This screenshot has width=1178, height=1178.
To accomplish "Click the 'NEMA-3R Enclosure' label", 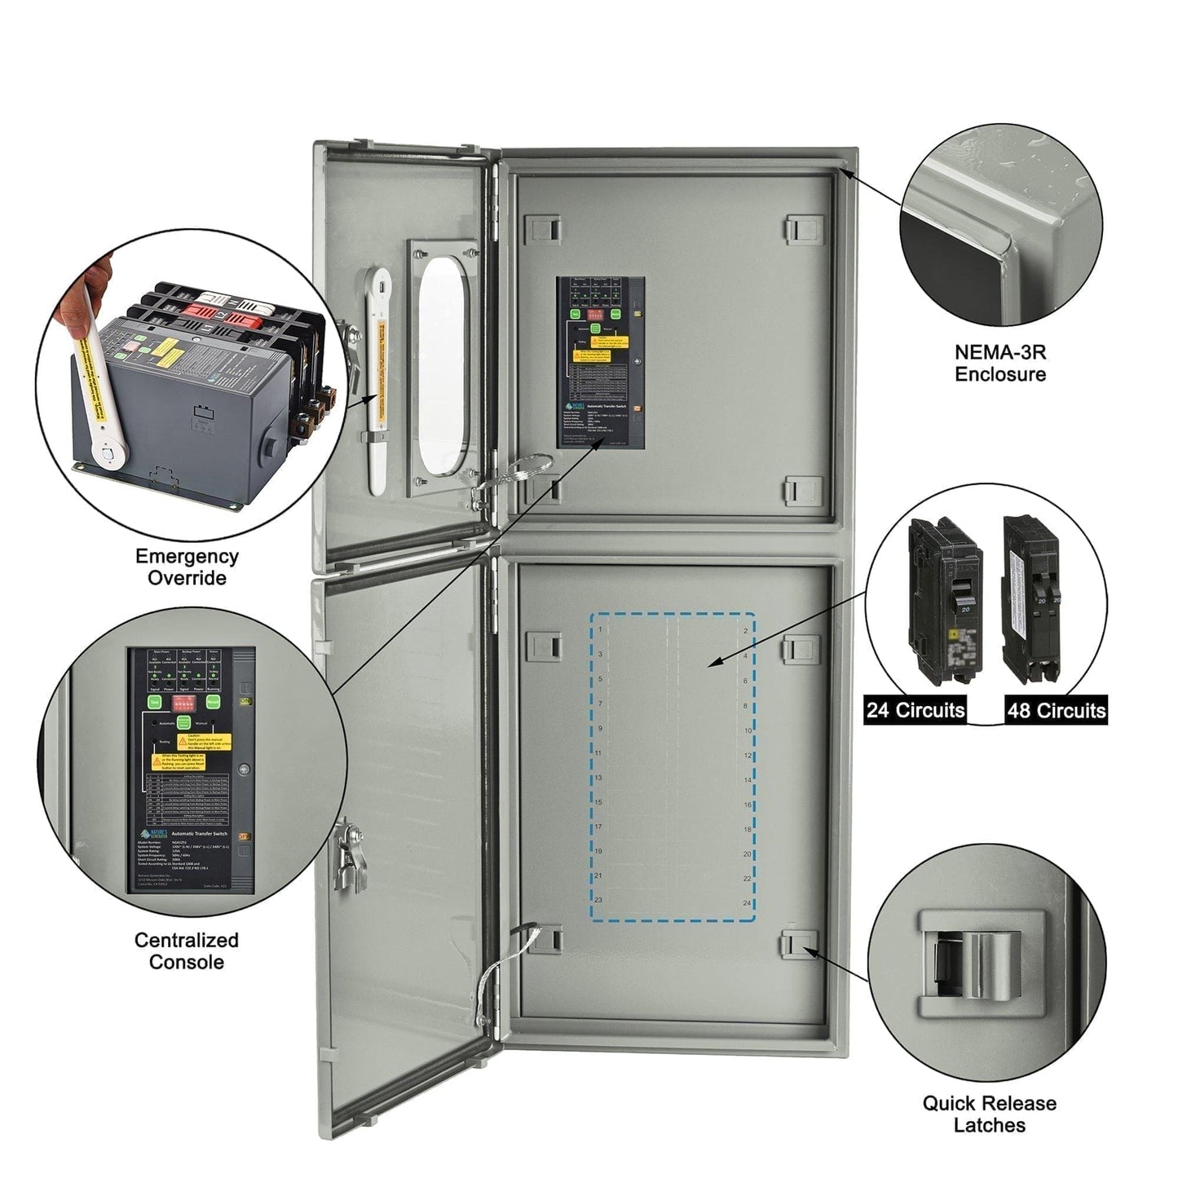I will [x=999, y=364].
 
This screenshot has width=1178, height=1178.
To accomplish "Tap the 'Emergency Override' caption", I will [x=187, y=567].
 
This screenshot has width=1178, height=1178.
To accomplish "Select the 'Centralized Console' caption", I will [x=186, y=951].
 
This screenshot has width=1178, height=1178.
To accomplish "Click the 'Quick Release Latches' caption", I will [x=989, y=1114].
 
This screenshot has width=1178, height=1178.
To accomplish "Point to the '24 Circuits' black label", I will [x=915, y=710].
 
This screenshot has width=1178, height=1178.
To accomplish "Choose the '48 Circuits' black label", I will [x=1056, y=711].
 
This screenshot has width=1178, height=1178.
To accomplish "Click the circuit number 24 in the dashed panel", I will [x=746, y=903].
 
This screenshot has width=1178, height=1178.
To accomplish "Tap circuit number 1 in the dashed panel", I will [x=601, y=629].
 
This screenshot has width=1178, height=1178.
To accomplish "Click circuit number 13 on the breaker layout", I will [x=598, y=778].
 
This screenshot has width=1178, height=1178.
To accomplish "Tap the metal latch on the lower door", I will [x=346, y=853].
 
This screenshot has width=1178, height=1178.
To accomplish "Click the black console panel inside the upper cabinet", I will [x=601, y=363].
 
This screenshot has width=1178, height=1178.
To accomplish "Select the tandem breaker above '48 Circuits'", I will [x=1031, y=599].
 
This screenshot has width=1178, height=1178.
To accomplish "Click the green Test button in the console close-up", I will [x=154, y=702].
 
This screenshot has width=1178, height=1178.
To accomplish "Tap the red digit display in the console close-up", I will [x=183, y=701].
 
